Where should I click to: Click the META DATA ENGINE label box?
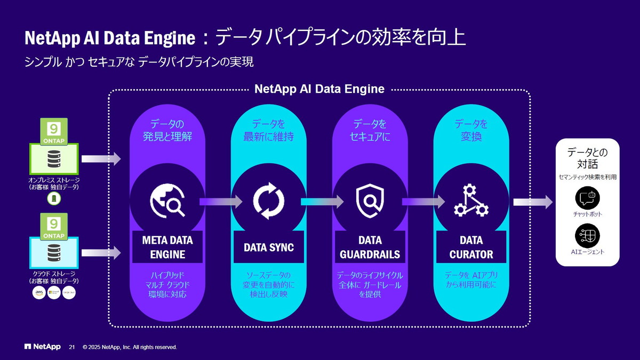(x=167, y=247)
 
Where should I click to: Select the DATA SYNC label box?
(x=269, y=247)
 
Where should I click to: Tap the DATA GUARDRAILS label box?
(x=370, y=247)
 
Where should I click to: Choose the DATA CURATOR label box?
(x=471, y=247)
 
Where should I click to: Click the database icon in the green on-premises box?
(x=53, y=158)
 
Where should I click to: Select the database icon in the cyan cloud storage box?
(x=53, y=251)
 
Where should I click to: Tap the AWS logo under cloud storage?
(x=39, y=293)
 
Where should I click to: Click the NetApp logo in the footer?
(x=42, y=347)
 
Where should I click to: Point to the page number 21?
(x=72, y=347)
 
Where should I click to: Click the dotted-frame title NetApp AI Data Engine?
(x=319, y=89)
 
